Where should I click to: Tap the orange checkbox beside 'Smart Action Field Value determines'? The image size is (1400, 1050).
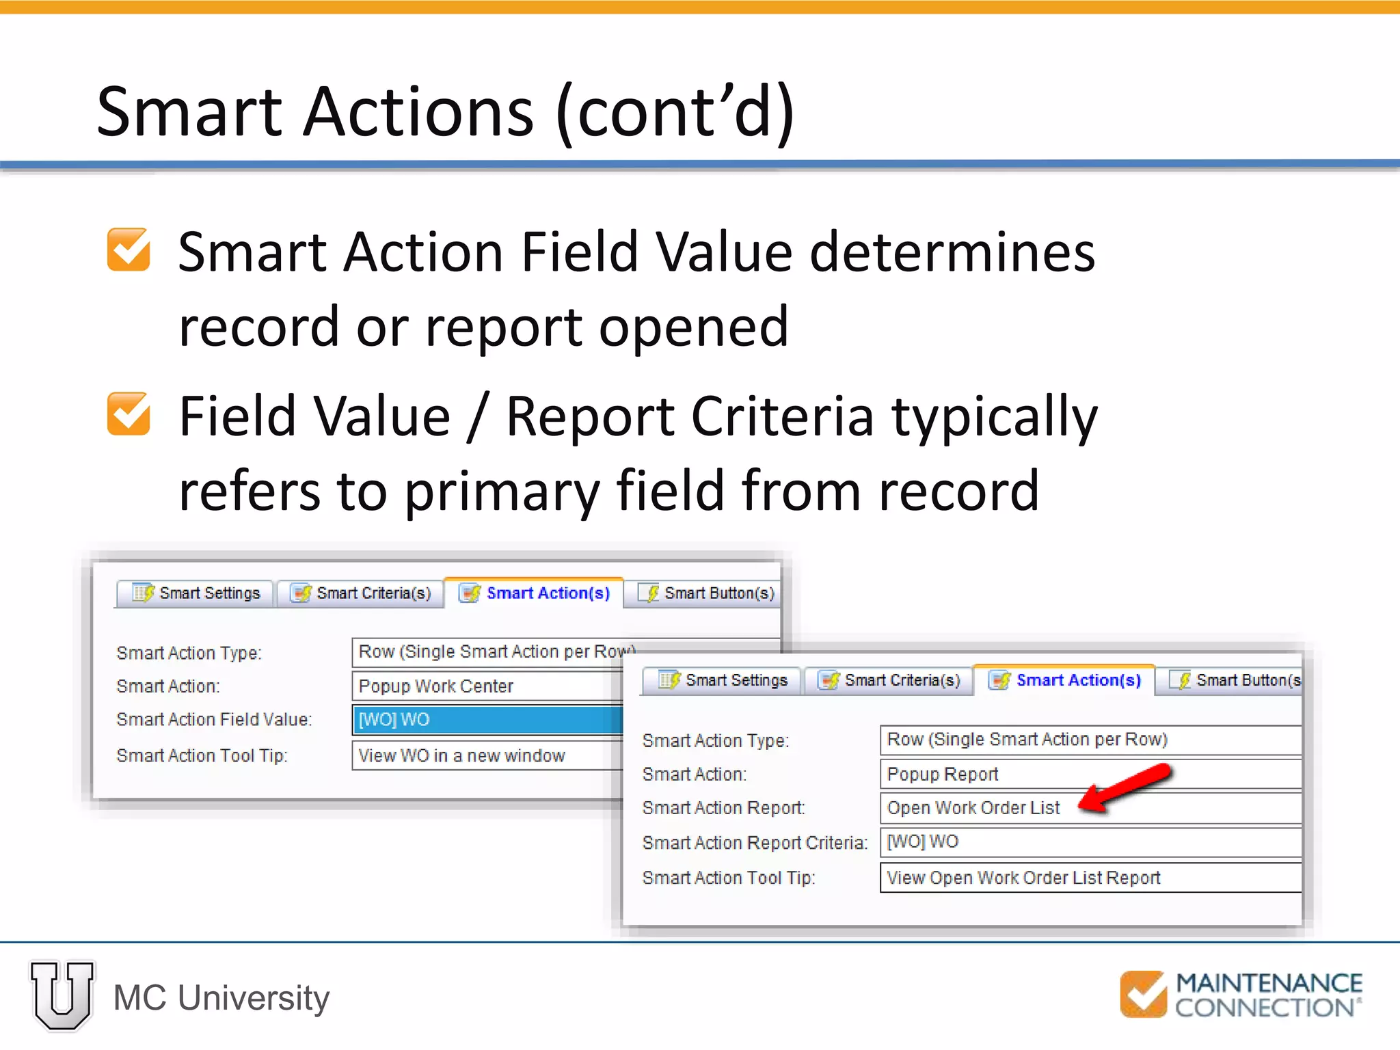click(x=129, y=250)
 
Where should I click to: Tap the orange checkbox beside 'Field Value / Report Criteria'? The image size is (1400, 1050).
click(x=129, y=414)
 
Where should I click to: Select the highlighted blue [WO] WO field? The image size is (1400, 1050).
click(x=487, y=719)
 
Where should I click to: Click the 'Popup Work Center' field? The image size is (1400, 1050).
click(x=487, y=686)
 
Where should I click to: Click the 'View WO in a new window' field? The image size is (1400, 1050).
click(x=487, y=755)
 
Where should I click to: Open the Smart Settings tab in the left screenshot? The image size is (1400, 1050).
click(x=196, y=593)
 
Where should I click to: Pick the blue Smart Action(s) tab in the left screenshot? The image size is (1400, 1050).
click(x=535, y=593)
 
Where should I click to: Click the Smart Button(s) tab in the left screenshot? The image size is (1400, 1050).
click(x=708, y=593)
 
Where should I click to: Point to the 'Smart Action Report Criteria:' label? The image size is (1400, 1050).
click(x=754, y=843)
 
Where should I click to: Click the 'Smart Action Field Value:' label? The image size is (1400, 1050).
click(x=214, y=719)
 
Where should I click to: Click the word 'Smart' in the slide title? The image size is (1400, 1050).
click(x=189, y=111)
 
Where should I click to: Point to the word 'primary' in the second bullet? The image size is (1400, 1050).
click(x=501, y=491)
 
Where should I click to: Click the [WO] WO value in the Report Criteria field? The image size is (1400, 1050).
click(x=922, y=842)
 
